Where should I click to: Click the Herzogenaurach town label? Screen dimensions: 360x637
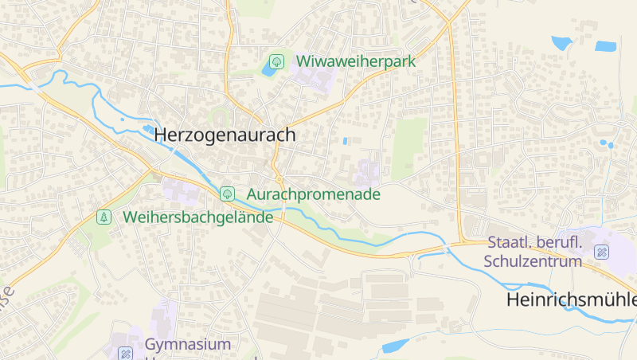click(x=224, y=135)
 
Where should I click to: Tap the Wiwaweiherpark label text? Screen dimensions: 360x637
click(x=356, y=61)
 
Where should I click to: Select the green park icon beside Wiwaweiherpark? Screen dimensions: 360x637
click(x=277, y=61)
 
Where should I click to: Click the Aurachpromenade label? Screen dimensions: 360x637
click(x=313, y=194)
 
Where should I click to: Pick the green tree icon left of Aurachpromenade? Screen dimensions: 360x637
click(x=227, y=194)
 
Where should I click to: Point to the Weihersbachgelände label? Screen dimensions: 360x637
click(x=197, y=217)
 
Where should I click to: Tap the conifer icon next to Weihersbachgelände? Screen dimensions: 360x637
click(x=104, y=217)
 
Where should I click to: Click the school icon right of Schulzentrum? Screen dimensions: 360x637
click(x=601, y=252)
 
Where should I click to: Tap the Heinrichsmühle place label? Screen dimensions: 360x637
click(x=571, y=300)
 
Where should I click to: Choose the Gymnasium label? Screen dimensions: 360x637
click(x=188, y=344)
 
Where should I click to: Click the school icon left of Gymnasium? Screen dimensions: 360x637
click(x=126, y=353)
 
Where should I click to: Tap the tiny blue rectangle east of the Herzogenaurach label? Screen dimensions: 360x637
click(x=345, y=141)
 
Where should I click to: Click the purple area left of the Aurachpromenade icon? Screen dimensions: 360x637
click(x=181, y=190)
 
